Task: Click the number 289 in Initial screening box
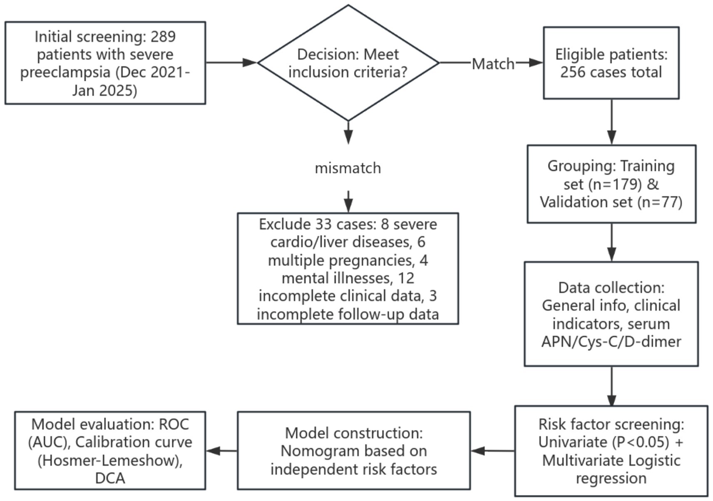coord(163,37)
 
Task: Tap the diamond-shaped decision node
coord(348,63)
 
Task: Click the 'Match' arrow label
coord(493,64)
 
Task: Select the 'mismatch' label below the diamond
coord(348,168)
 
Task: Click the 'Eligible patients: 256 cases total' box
coord(611,63)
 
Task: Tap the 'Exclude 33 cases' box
coord(348,269)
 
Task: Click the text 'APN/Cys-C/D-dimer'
coord(611,342)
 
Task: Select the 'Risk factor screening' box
coord(611,451)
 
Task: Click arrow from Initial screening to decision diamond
coord(231,63)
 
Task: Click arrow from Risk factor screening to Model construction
coord(493,451)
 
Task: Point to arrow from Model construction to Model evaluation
coord(221,451)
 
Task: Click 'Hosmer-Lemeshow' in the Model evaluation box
coord(110,461)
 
